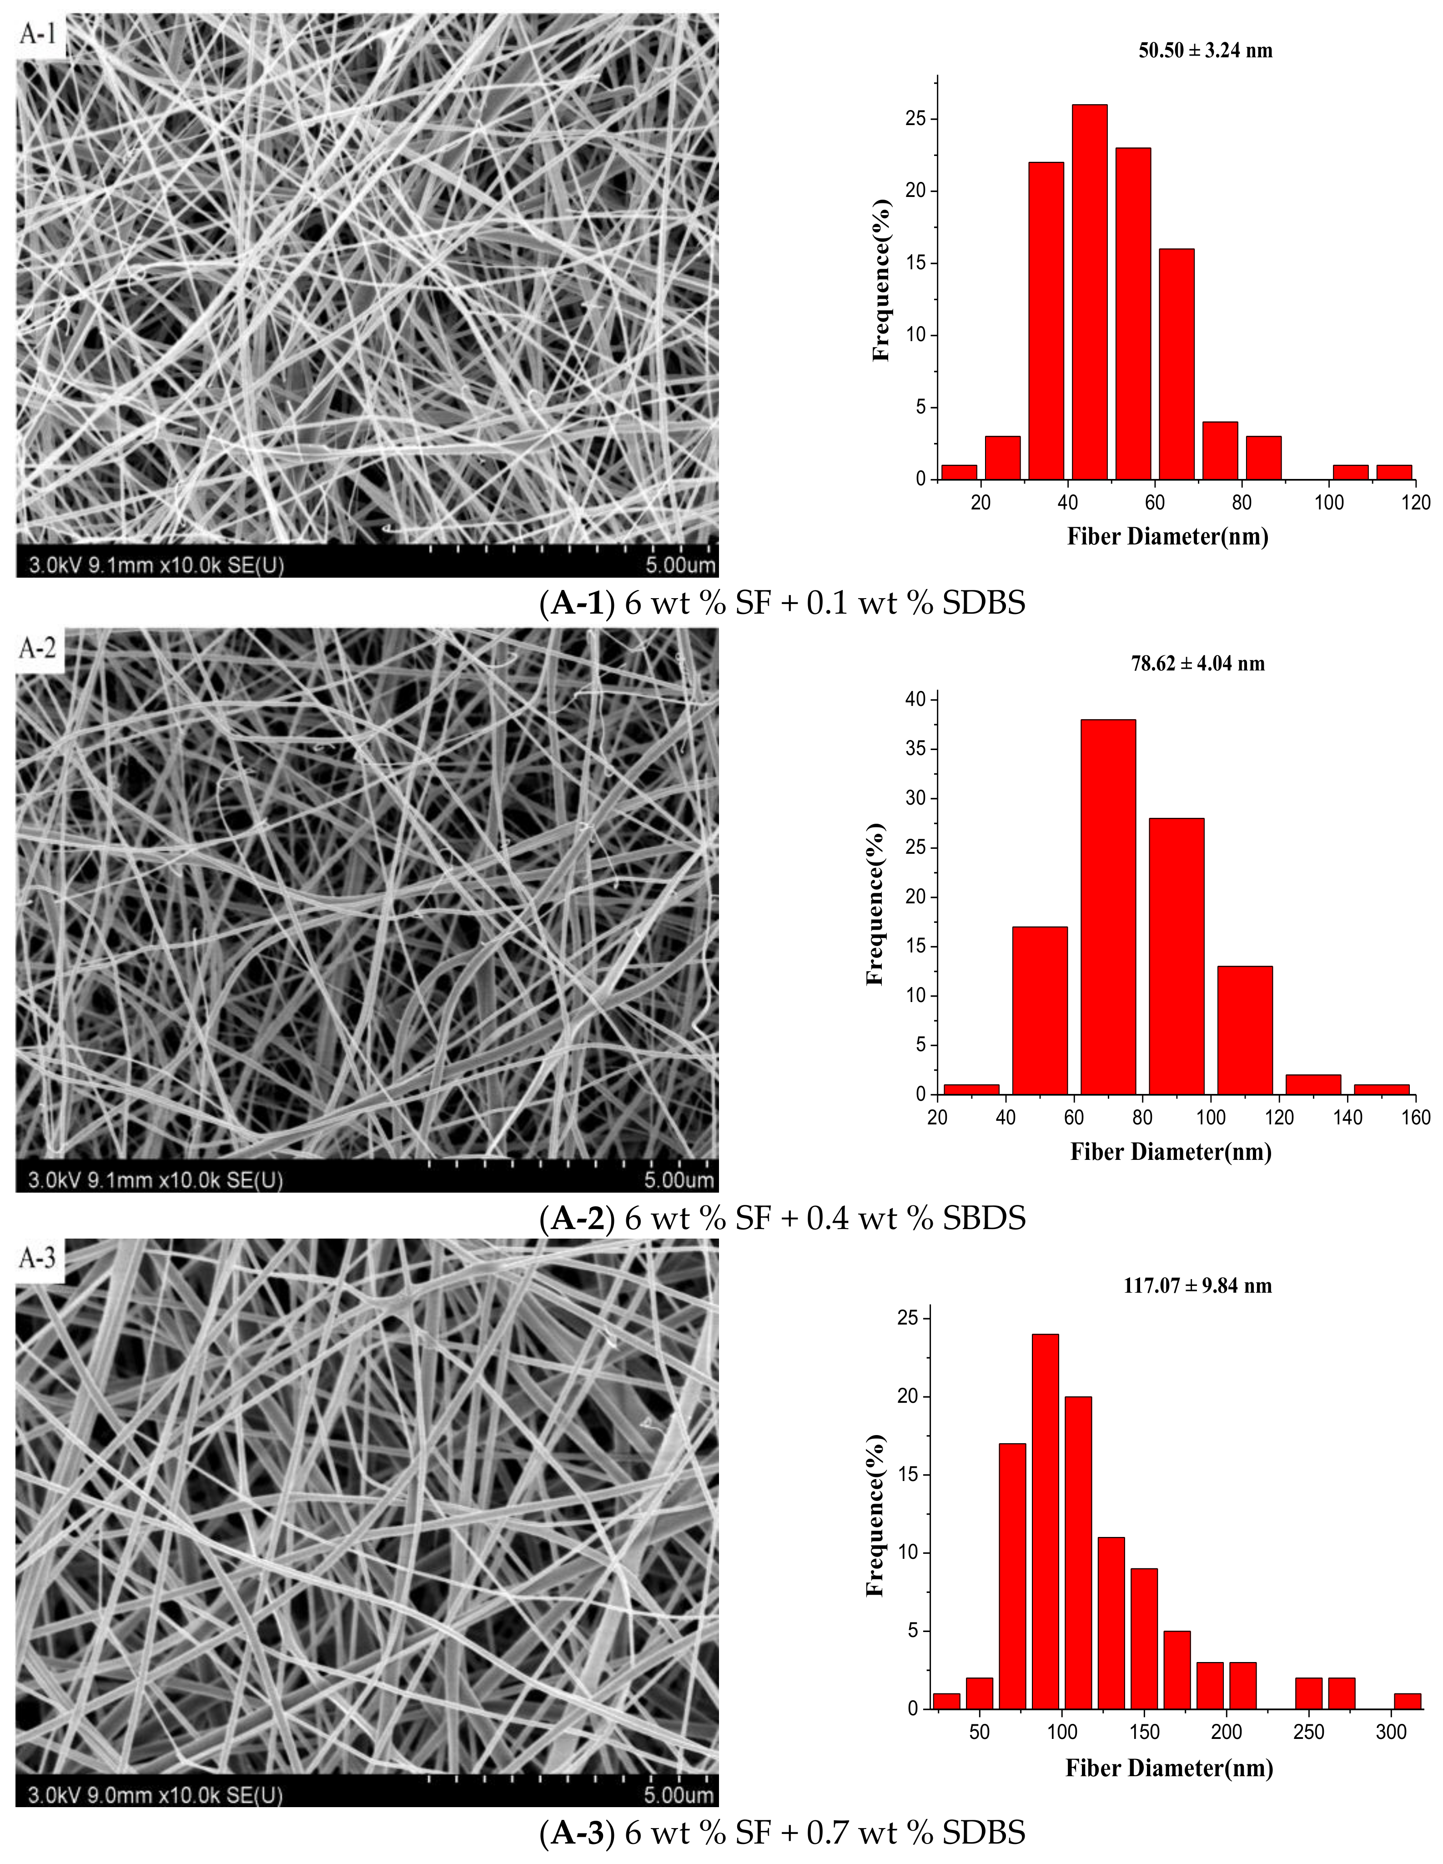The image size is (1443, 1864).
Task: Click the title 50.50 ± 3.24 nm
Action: (x=1205, y=50)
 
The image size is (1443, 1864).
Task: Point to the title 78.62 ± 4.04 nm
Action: (x=1197, y=663)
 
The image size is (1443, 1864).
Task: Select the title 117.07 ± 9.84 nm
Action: (x=1197, y=1285)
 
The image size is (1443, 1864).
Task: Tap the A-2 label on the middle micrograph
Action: (x=38, y=649)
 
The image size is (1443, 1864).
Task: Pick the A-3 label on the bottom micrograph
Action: (x=38, y=1258)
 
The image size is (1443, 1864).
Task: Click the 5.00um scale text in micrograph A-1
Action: (x=680, y=565)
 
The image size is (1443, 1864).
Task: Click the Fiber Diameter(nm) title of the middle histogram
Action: (x=1171, y=1152)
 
